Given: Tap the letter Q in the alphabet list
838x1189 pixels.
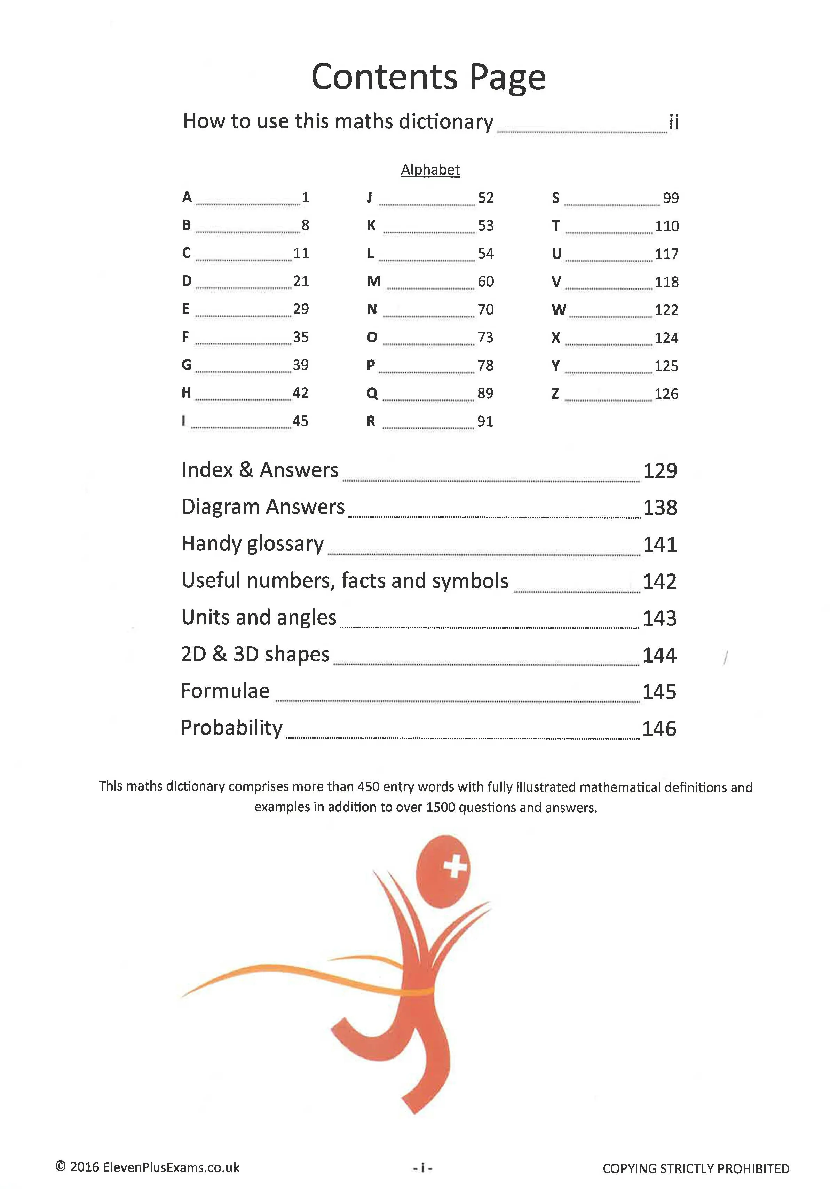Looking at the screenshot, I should tap(372, 394).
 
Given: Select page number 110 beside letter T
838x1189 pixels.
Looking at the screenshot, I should tap(666, 226).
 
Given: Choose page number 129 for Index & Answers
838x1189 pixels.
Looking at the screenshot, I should tap(660, 471).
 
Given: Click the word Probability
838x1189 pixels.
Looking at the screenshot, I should tap(231, 728).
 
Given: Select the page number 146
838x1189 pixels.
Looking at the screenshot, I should tap(659, 729).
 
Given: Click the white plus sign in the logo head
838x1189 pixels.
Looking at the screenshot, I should tap(455, 866).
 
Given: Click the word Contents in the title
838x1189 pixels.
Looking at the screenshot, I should tap(384, 77).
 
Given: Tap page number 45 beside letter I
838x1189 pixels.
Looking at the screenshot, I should tap(300, 421).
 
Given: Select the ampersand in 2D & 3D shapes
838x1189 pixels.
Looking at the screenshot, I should tap(220, 654).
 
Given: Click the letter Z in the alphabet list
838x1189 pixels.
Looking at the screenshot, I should tap(555, 394).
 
